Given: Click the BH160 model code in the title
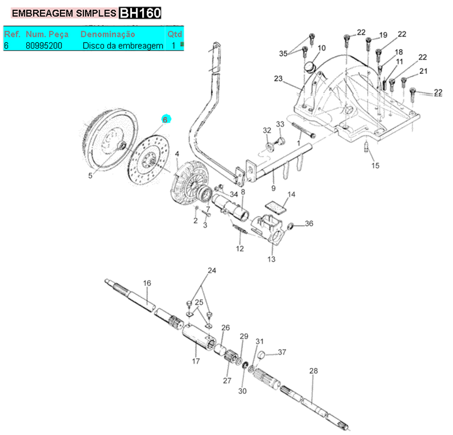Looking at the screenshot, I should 140,13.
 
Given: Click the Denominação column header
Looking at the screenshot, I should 108,34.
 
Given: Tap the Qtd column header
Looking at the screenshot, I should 174,34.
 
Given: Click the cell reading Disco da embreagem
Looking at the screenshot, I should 123,46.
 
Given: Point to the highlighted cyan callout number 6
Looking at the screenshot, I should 166,120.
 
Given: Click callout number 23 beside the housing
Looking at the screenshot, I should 278,79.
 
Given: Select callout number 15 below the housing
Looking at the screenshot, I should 375,165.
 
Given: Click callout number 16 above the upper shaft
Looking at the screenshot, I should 147,283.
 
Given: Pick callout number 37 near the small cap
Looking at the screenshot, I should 282,352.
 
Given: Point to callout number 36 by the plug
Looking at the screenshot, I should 309,224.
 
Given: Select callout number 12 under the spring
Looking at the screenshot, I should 240,249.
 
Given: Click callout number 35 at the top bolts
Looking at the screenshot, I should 283,53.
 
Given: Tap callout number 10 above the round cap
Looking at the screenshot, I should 322,48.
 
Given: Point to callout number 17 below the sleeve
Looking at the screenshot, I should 196,361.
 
